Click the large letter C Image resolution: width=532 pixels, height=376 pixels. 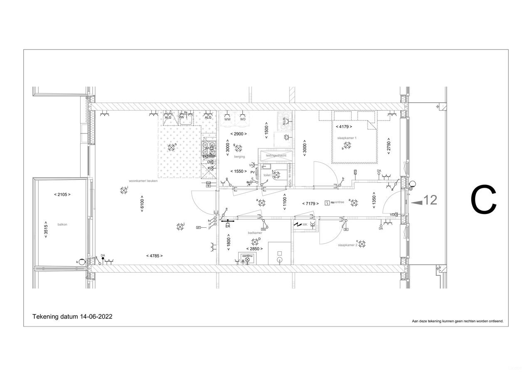click(x=484, y=200)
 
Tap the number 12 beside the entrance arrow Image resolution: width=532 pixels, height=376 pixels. click(x=431, y=200)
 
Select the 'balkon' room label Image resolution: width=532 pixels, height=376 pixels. click(x=62, y=224)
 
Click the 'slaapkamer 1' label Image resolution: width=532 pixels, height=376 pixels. click(x=347, y=138)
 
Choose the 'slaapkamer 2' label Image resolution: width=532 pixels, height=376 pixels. click(x=347, y=245)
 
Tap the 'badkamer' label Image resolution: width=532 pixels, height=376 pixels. click(x=255, y=233)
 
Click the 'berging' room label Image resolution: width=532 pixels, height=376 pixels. click(x=239, y=157)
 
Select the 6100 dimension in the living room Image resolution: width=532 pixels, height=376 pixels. click(x=142, y=204)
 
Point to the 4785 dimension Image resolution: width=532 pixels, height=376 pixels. click(x=155, y=256)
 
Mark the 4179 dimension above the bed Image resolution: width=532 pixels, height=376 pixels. click(x=344, y=126)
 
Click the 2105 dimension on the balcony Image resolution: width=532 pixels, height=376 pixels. click(x=62, y=194)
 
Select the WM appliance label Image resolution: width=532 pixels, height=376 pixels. click(x=227, y=119)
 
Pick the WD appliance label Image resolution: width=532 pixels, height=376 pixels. click(x=243, y=119)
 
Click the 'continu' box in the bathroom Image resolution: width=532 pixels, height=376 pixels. click(x=247, y=256)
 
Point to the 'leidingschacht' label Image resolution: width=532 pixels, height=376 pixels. click(x=276, y=155)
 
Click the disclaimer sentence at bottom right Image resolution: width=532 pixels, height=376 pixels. click(x=457, y=321)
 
